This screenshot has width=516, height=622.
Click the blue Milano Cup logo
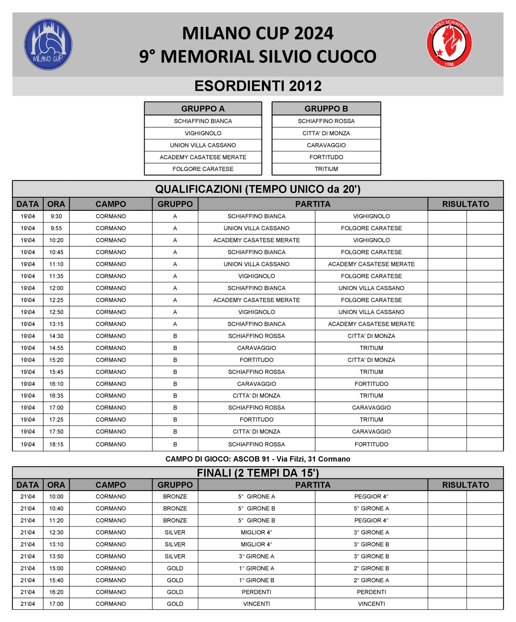[x=48, y=44]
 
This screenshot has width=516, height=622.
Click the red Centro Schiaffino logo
[x=449, y=43]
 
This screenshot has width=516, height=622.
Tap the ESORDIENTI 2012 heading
[x=258, y=86]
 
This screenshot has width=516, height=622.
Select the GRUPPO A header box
[x=203, y=109]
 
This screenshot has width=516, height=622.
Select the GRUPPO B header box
[x=326, y=109]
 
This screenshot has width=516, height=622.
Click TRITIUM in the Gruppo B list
[x=326, y=169]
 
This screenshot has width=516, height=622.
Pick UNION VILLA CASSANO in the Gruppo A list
[x=203, y=145]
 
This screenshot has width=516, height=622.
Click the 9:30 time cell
[x=56, y=216]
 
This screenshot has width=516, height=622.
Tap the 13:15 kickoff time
[x=56, y=324]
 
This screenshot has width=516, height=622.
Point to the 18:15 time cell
[x=56, y=444]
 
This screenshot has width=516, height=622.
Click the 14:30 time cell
[x=56, y=336]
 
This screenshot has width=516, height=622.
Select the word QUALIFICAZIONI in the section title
[x=198, y=189]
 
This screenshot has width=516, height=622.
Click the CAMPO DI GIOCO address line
[x=258, y=459]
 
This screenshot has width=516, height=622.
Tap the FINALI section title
[x=258, y=473]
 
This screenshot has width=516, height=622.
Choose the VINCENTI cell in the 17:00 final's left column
[x=256, y=604]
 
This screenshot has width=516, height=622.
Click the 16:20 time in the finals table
[x=56, y=592]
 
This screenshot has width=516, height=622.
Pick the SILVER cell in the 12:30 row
[x=175, y=532]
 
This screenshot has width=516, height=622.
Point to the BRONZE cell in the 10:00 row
[x=175, y=496]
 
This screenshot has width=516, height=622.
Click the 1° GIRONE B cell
[x=256, y=580]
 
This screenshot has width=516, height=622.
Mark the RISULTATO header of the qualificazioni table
[x=465, y=204]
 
